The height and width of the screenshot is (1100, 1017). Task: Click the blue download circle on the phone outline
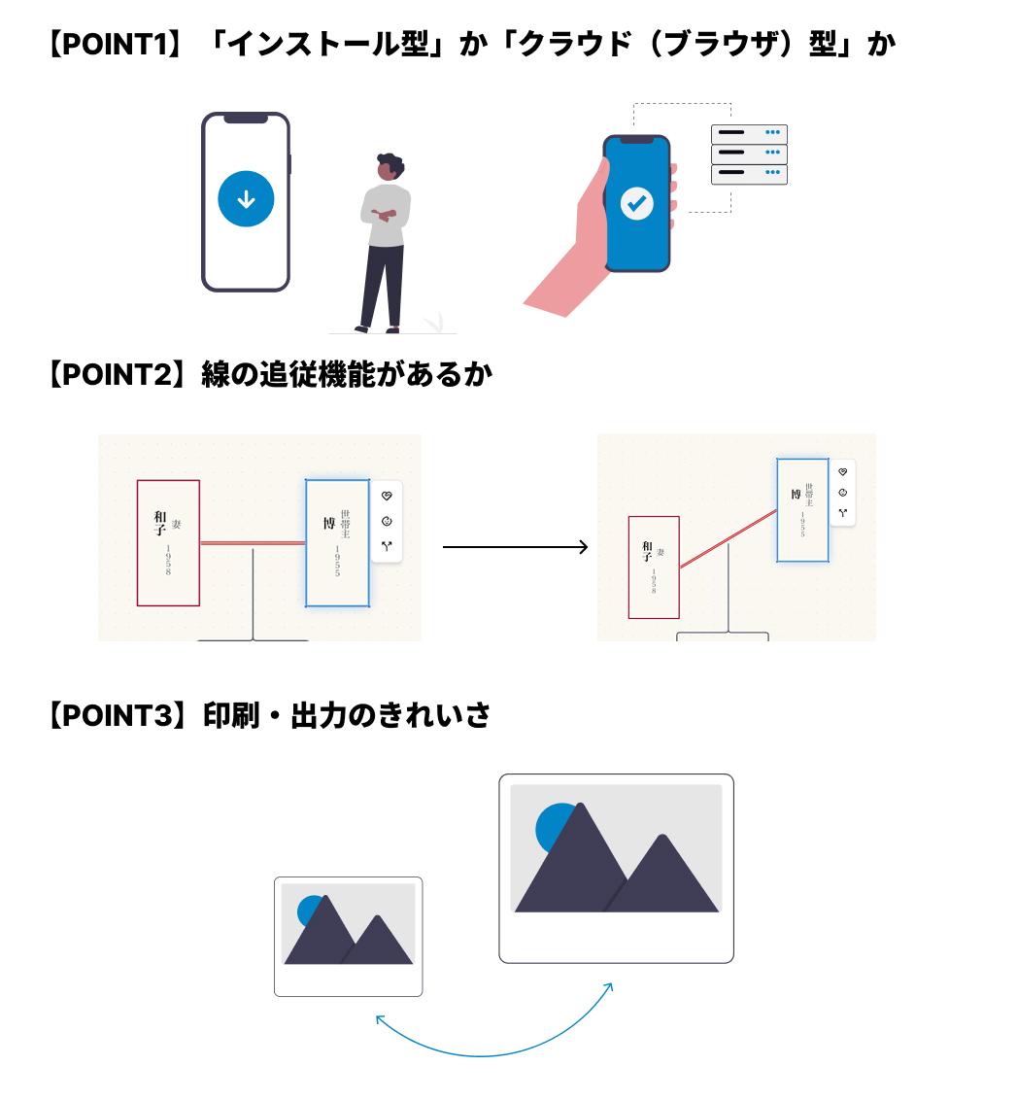(246, 199)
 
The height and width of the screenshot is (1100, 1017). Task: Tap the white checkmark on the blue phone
(636, 203)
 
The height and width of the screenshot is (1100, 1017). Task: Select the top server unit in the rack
(748, 133)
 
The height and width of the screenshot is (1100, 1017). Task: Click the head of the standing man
(390, 167)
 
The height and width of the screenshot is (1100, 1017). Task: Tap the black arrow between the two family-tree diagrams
(515, 547)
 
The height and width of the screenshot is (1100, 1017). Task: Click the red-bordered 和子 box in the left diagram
(168, 542)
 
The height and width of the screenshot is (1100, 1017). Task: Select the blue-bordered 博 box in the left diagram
(337, 542)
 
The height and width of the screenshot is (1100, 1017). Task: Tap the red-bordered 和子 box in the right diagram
(654, 567)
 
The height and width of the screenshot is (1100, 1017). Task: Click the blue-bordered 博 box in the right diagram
(802, 509)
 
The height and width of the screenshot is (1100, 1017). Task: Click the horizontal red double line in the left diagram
(253, 542)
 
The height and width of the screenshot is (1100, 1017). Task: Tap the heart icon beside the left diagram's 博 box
(387, 496)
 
